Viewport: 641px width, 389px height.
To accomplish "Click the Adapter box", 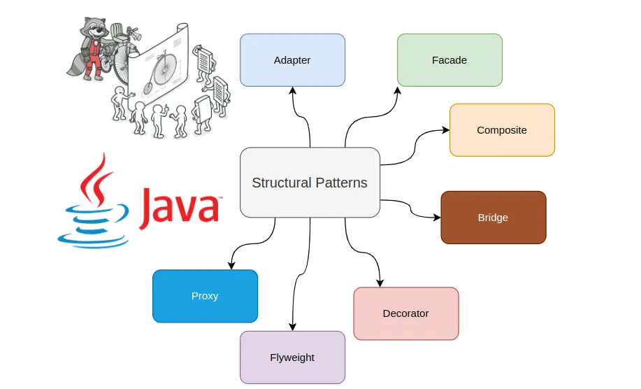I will tap(292, 60).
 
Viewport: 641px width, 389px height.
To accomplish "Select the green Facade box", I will tap(449, 60).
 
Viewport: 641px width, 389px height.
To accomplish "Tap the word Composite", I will tap(501, 130).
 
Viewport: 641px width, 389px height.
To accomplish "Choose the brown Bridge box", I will tap(493, 218).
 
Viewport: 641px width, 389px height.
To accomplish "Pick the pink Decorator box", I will tap(405, 313).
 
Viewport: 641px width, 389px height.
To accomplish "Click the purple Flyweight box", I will tap(292, 358).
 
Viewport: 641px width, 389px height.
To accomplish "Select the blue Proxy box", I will tap(205, 296).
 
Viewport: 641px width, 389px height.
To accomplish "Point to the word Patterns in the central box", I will tap(341, 183).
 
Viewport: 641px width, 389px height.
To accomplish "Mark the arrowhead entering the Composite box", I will tap(445, 130).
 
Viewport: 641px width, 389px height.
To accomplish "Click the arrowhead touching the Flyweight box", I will tap(292, 326).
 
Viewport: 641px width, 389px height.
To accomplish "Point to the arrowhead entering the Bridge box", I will tap(436, 217).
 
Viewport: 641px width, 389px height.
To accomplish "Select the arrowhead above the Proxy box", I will tap(231, 265).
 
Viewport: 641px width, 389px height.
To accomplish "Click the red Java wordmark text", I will tap(180, 207).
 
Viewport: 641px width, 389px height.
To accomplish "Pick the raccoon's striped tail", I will tap(75, 63).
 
